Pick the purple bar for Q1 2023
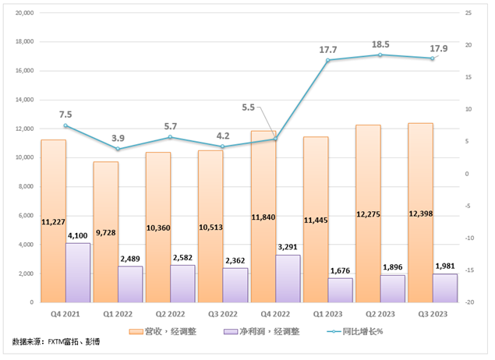tap(341, 290)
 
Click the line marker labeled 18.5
tap(380, 55)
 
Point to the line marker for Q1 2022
tap(118, 149)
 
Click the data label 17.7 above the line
tap(328, 50)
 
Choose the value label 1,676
tap(341, 270)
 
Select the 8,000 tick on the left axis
tap(26, 186)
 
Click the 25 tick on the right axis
tap(468, 13)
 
